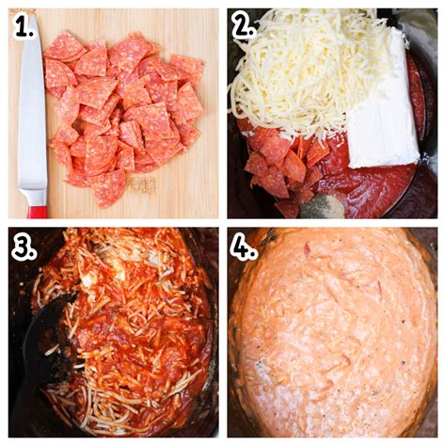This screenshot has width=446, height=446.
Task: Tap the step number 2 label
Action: (244, 27)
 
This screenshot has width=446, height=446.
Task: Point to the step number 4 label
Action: (244, 247)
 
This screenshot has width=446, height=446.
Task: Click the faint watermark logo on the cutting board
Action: (141, 184)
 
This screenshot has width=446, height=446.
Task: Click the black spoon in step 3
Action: (42, 339)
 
